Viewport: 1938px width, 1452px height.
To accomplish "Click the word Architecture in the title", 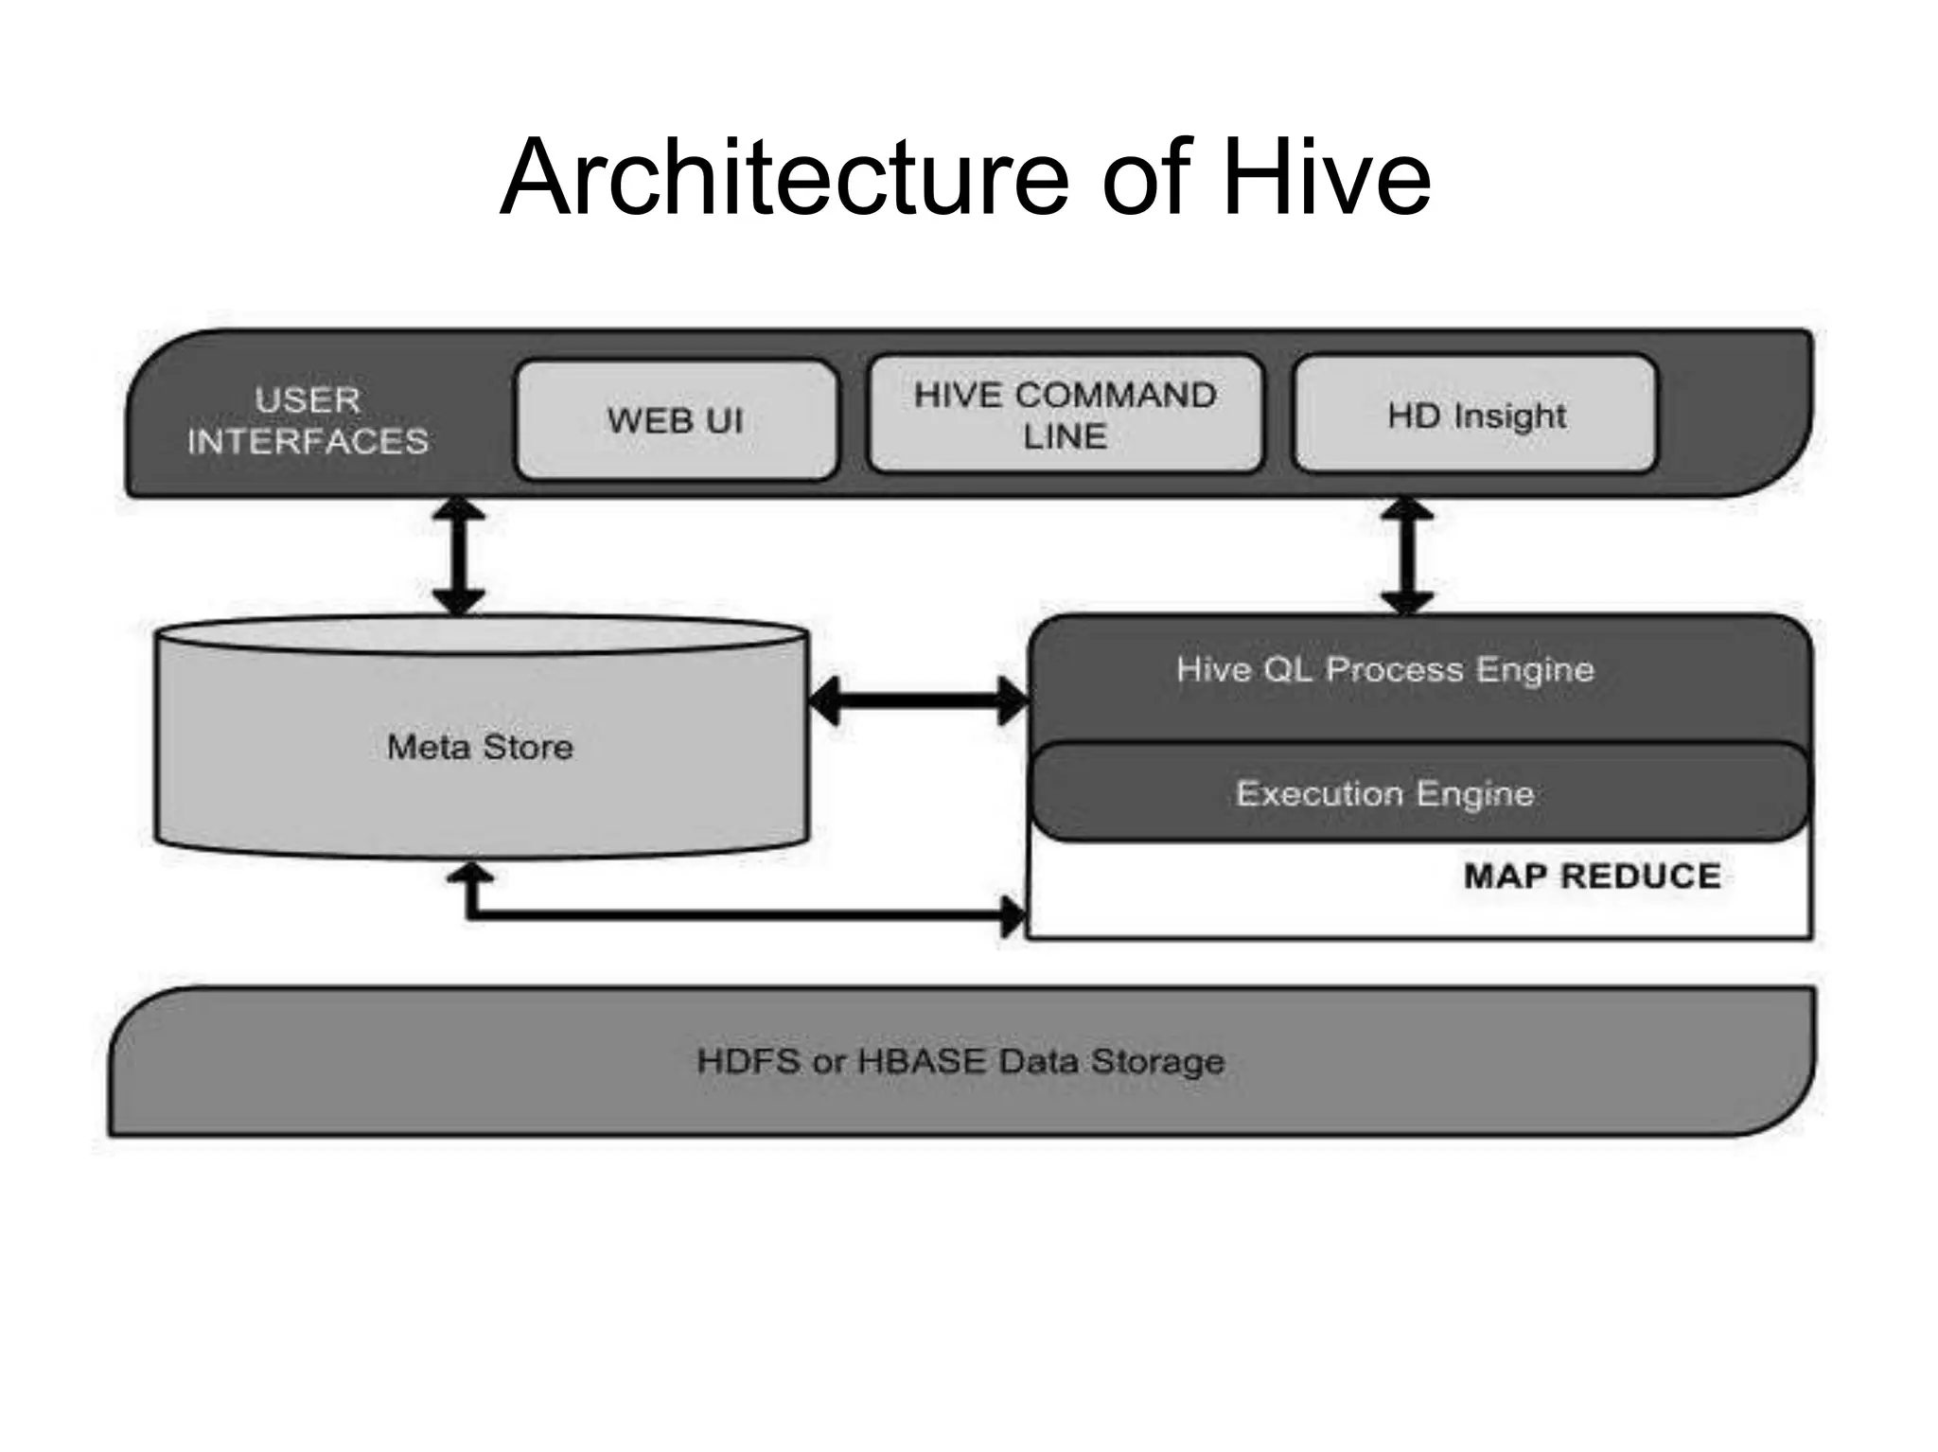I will point(784,178).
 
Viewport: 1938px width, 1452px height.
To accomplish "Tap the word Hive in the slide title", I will point(1326,178).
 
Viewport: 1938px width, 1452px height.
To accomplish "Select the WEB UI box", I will point(676,420).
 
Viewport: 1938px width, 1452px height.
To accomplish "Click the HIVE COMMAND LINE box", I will point(1066,415).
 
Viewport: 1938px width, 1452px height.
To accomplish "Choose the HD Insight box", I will point(1475,415).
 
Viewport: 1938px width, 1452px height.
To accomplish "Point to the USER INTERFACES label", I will point(308,420).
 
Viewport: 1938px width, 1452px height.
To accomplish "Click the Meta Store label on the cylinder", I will point(480,747).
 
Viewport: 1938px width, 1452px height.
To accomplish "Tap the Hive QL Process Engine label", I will point(1384,669).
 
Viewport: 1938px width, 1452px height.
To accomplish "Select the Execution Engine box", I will point(1384,793).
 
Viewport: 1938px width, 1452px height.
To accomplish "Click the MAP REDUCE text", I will point(1592,876).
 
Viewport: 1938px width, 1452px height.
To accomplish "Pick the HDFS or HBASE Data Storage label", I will point(960,1061).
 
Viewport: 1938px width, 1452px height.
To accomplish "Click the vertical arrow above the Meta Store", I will point(459,557).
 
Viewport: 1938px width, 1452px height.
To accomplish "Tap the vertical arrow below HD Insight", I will point(1407,557).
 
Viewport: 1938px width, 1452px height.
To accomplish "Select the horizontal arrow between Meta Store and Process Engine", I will point(918,701).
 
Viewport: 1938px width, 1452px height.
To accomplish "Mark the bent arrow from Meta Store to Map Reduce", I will point(738,915).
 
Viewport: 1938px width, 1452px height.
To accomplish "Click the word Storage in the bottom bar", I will point(1157,1061).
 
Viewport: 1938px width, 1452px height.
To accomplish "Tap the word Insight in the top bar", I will point(1509,416).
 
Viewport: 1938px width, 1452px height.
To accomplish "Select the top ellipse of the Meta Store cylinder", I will point(482,634).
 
